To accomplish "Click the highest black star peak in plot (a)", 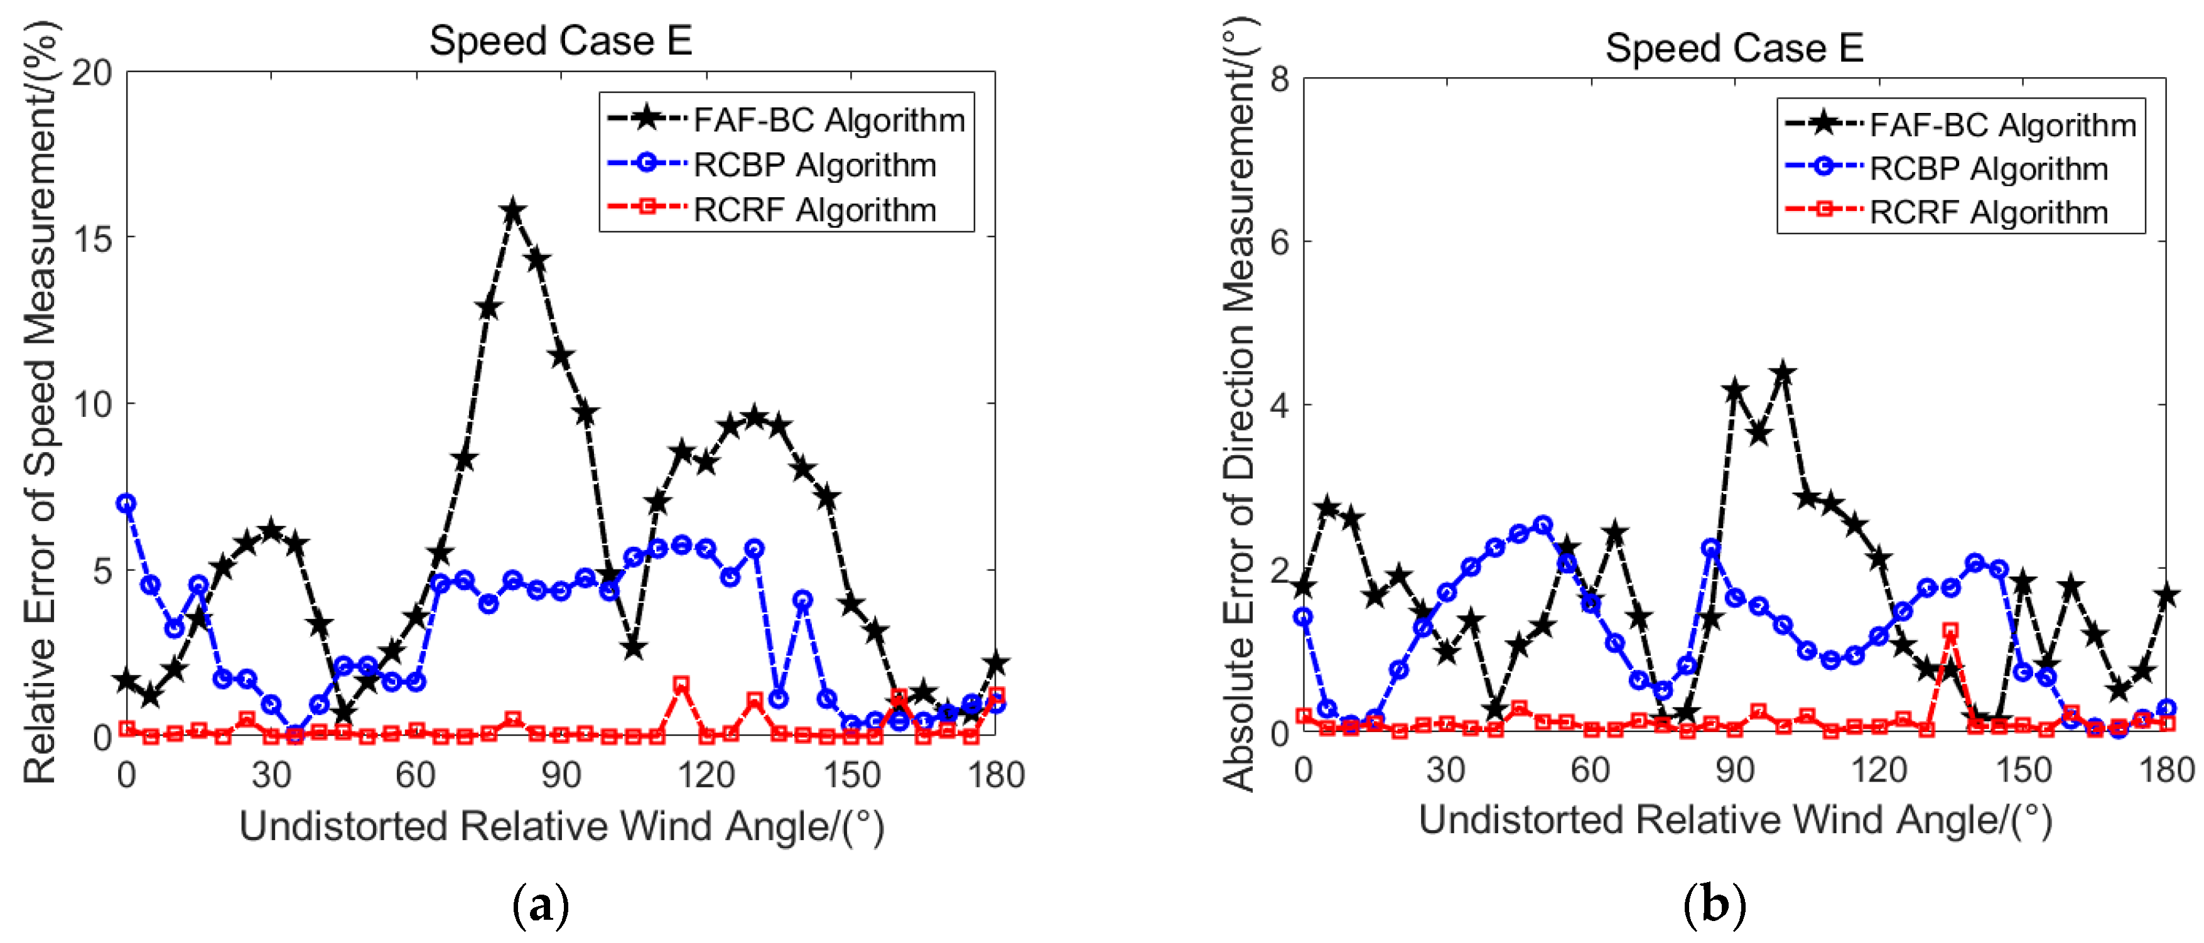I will tap(512, 210).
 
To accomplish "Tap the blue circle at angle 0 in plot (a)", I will tap(127, 503).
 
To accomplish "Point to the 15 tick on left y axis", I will tap(92, 239).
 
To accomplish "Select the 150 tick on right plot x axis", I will tap(2023, 769).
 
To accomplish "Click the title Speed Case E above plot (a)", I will tap(560, 41).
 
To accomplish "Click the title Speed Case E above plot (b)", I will tap(1734, 48).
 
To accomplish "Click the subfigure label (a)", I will tap(540, 905).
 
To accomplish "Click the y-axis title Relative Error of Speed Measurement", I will tap(40, 402).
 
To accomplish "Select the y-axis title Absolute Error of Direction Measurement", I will tap(1239, 402).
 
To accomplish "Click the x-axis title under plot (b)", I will tap(1734, 820).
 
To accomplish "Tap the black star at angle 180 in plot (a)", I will tap(996, 662).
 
